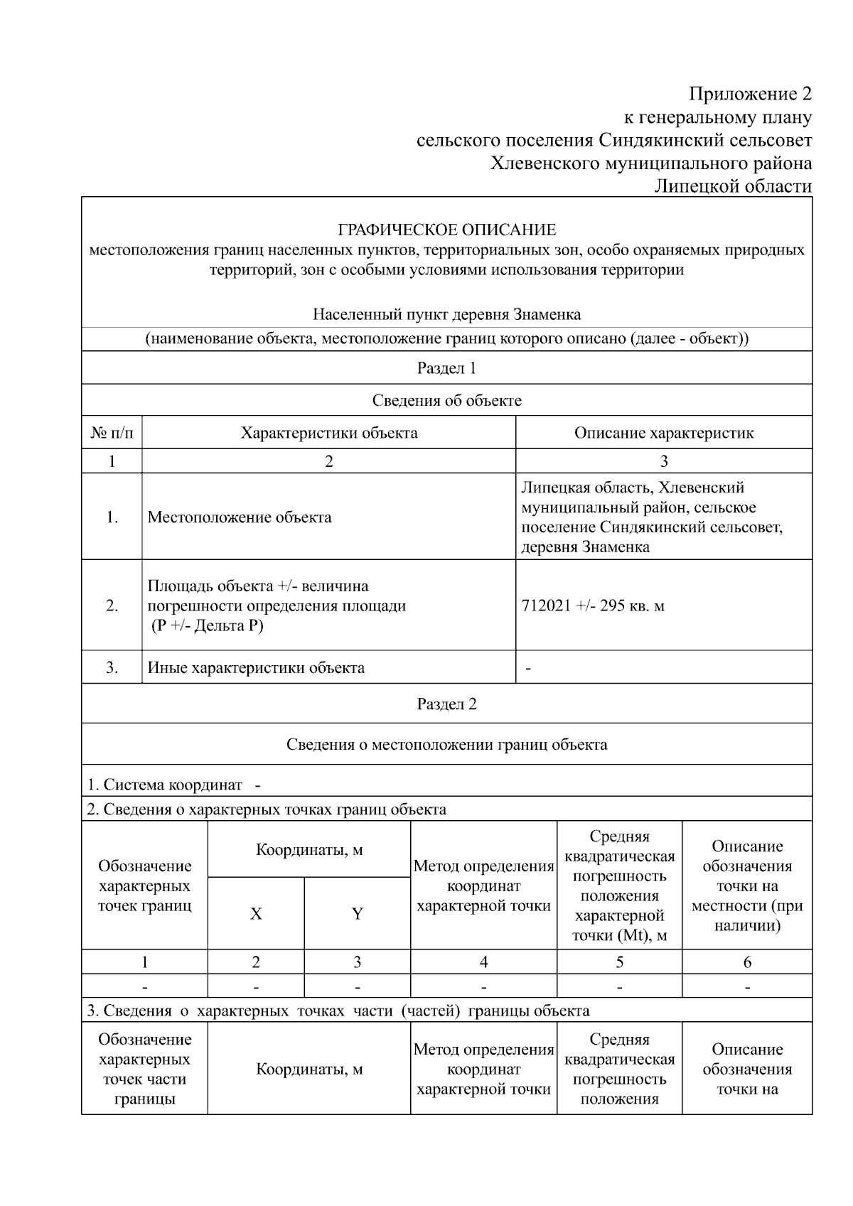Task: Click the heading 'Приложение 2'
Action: pyautogui.click(x=750, y=94)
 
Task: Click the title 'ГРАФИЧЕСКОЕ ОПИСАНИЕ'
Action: pyautogui.click(x=446, y=230)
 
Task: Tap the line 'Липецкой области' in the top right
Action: pyautogui.click(x=732, y=186)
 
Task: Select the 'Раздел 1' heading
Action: pyautogui.click(x=446, y=368)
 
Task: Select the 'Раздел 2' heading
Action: pyautogui.click(x=446, y=704)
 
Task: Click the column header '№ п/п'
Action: pyautogui.click(x=112, y=433)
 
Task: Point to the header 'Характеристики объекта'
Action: pyautogui.click(x=328, y=433)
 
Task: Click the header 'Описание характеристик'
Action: pyautogui.click(x=663, y=433)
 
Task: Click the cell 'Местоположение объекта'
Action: pyautogui.click(x=240, y=517)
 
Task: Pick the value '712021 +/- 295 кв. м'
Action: pyautogui.click(x=593, y=606)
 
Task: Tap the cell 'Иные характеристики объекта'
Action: pyautogui.click(x=256, y=668)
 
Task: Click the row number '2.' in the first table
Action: pyautogui.click(x=112, y=606)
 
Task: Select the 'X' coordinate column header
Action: pyautogui.click(x=256, y=914)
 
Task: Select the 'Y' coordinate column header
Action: pyautogui.click(x=357, y=914)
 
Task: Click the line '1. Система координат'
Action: pyautogui.click(x=165, y=785)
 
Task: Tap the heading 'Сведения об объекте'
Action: pyautogui.click(x=446, y=401)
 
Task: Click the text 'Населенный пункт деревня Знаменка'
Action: pyautogui.click(x=446, y=315)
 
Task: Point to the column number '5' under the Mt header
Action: pyautogui.click(x=619, y=962)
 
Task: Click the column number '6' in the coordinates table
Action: pyautogui.click(x=747, y=962)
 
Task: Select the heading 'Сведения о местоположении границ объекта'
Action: pyautogui.click(x=446, y=745)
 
